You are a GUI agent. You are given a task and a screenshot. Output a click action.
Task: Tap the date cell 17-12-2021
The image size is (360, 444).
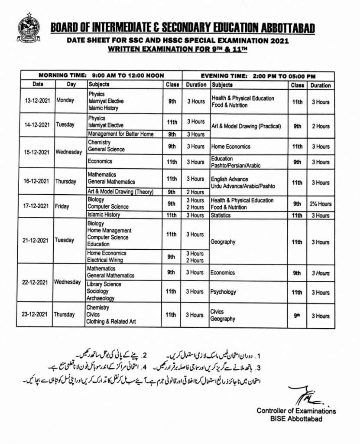click(36, 207)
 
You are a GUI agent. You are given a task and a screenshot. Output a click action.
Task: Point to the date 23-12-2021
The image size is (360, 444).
click(36, 315)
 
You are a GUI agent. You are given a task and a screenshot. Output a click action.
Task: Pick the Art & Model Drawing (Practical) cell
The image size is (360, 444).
click(246, 127)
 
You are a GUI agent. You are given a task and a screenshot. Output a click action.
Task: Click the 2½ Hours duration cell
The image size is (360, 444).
click(320, 204)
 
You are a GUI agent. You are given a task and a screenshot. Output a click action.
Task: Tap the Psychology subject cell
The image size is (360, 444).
click(224, 292)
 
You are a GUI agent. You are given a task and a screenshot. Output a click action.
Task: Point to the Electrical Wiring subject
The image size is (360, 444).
click(105, 260)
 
